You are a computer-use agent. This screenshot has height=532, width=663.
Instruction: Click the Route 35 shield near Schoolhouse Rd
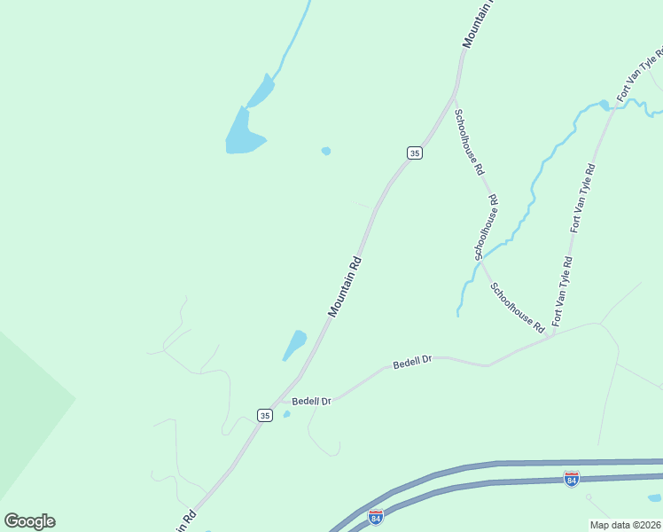point(414,153)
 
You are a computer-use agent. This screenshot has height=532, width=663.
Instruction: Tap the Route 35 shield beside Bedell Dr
point(264,415)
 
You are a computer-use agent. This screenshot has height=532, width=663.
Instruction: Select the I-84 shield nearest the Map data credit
point(572,479)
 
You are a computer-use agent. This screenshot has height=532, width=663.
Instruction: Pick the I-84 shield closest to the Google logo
point(376,515)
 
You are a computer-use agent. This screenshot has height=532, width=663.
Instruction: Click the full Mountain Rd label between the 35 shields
point(346,286)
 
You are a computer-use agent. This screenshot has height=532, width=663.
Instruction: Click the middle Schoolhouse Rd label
point(486,228)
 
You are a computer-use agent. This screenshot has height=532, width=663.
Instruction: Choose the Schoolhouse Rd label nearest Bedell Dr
point(518,308)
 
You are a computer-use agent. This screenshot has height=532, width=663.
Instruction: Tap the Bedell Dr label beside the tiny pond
point(311,401)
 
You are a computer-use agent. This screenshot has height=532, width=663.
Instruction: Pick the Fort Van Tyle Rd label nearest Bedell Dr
point(563,291)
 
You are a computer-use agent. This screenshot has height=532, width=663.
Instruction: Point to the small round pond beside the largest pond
point(326,151)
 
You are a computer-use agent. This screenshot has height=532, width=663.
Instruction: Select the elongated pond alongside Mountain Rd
point(294,344)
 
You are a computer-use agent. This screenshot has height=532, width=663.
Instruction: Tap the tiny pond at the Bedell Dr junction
point(286,414)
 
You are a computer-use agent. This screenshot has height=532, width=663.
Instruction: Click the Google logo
point(29,521)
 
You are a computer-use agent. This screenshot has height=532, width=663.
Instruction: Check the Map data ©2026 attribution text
point(624,525)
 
